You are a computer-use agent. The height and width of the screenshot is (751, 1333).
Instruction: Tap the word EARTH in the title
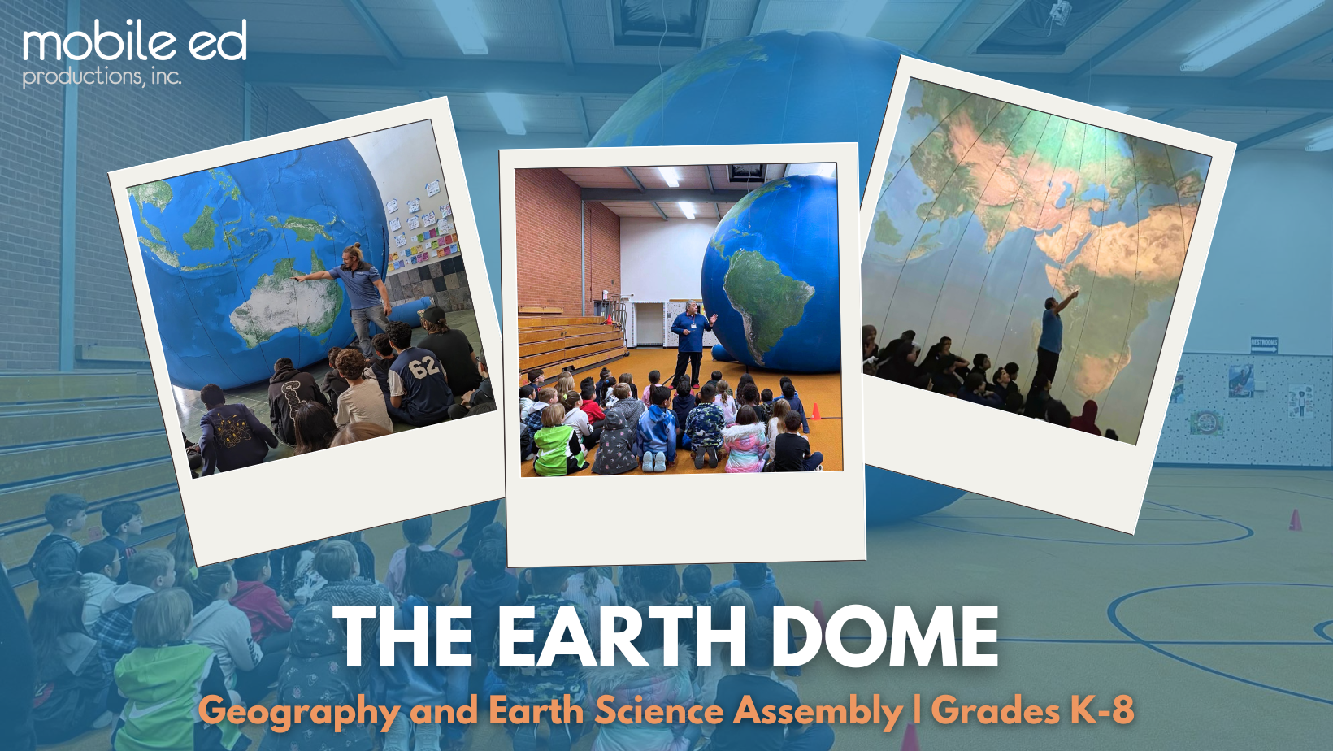coord(621,638)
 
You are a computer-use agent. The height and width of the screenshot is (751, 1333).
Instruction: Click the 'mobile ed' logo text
coord(135,42)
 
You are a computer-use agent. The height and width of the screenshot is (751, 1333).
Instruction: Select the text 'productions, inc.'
coord(102,76)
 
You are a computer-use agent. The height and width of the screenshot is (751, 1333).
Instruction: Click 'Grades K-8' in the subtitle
coord(1032,710)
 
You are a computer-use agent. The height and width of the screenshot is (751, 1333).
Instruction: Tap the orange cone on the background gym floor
coord(1295,520)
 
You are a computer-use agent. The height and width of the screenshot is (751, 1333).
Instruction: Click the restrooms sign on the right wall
coord(1264,345)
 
